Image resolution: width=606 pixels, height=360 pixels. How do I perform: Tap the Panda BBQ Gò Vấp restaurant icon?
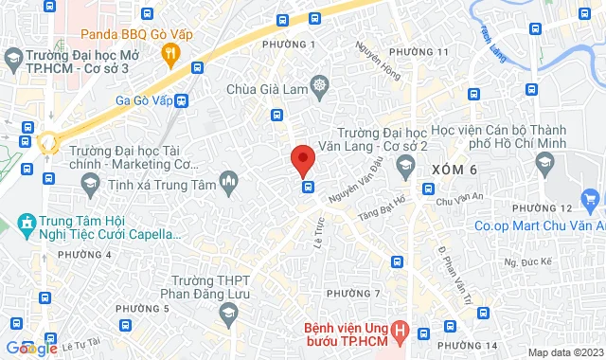170,56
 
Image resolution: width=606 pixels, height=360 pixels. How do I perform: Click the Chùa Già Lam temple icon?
319,89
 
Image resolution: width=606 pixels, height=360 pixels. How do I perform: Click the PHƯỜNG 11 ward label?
418,51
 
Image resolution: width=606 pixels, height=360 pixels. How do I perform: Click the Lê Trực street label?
320,237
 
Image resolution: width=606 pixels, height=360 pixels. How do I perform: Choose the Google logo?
32,348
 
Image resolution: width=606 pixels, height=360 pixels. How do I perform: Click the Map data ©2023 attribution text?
564,352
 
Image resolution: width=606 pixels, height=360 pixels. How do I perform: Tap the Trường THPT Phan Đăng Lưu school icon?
227,312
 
